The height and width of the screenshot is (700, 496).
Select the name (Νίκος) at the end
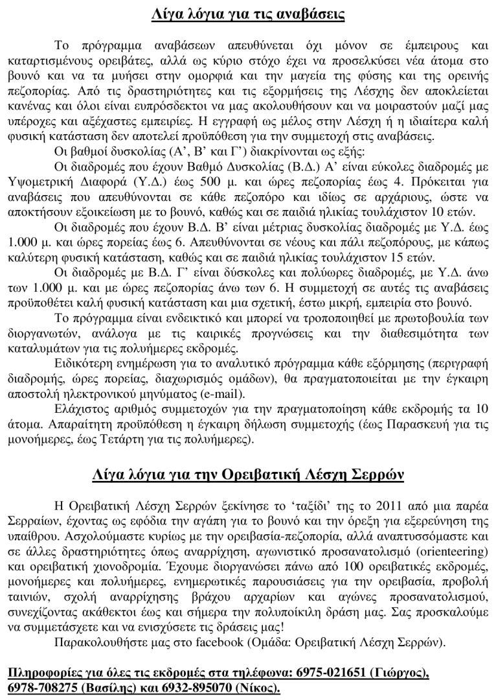(258, 686)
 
